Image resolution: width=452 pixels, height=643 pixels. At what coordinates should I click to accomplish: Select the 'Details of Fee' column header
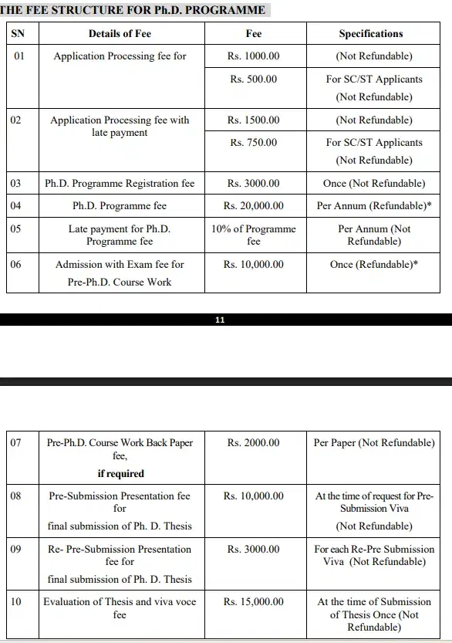(x=120, y=34)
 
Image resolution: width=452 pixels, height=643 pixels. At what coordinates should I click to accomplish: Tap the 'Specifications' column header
(x=371, y=34)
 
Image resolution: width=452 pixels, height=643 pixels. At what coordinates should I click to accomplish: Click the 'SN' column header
(x=17, y=34)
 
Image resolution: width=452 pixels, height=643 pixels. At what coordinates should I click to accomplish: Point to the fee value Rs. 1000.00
(x=254, y=56)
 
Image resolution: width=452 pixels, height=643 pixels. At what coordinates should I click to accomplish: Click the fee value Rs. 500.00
(x=254, y=79)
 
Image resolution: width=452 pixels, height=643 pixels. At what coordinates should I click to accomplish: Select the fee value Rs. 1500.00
(x=254, y=120)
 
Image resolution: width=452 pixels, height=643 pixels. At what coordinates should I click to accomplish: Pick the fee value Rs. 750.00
(x=254, y=143)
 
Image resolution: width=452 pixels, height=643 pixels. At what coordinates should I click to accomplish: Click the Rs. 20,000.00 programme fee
(x=254, y=206)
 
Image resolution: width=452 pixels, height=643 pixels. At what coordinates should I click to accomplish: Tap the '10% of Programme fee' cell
(x=254, y=235)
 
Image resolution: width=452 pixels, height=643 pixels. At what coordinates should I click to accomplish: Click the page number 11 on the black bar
(x=221, y=320)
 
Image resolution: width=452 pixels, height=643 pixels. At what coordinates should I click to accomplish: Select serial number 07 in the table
(x=17, y=443)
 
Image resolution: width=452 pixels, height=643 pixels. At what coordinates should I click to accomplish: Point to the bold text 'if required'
(x=120, y=473)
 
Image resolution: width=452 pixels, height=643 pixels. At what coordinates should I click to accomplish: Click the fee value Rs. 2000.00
(x=254, y=443)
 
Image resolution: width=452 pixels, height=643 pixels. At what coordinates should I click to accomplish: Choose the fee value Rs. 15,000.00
(x=254, y=602)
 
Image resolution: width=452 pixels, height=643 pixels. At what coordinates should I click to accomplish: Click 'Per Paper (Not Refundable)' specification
(x=374, y=443)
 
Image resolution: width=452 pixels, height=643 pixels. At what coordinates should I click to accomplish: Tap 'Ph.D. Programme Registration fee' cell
(x=120, y=184)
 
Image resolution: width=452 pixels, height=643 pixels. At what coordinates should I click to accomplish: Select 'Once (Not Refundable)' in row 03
(x=374, y=184)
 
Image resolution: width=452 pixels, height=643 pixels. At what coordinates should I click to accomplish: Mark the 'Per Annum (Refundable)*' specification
(x=374, y=206)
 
